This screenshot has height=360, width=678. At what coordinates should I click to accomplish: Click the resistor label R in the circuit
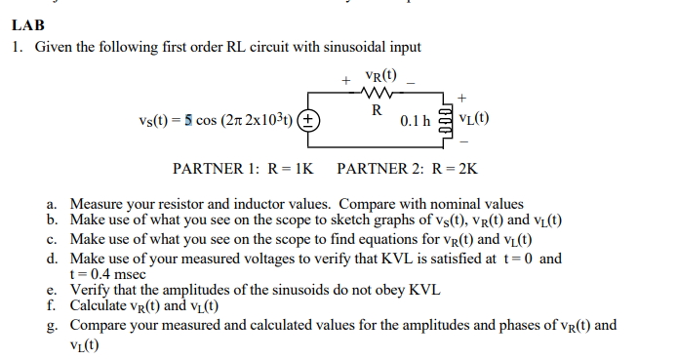[x=375, y=110]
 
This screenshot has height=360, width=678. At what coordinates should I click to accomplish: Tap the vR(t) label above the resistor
[x=379, y=76]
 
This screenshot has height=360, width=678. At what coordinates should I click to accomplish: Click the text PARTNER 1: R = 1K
[x=243, y=169]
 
